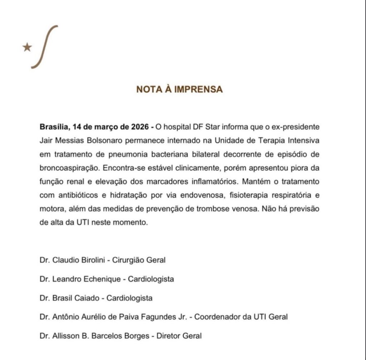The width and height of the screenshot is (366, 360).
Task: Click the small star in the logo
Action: tap(27, 47)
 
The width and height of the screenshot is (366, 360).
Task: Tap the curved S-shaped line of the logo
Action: tap(45, 47)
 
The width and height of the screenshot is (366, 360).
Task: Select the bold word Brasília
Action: tap(55, 127)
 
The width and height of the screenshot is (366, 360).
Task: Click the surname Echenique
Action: tap(102, 279)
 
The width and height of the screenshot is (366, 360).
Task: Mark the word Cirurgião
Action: tap(128, 260)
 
